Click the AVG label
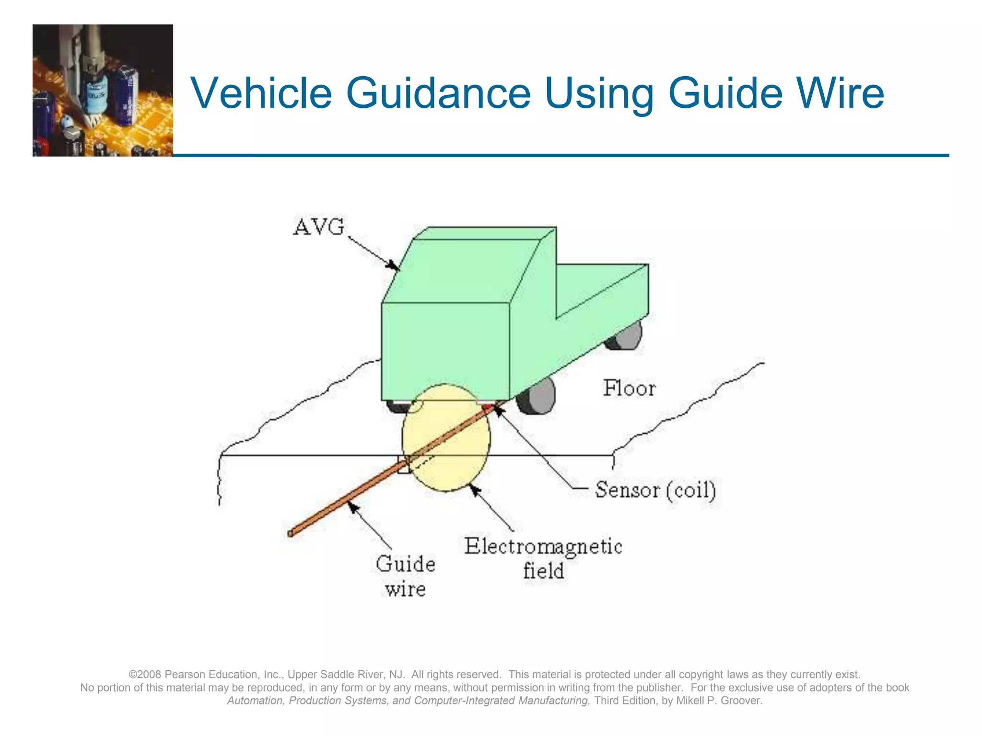[318, 227]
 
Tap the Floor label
[629, 388]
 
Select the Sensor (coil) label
[655, 490]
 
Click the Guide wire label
[406, 576]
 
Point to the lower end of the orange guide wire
[291, 533]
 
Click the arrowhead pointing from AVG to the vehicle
[393, 265]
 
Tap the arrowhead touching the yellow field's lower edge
[474, 490]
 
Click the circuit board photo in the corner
[103, 90]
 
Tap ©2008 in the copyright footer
[145, 674]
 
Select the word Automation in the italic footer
[255, 701]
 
